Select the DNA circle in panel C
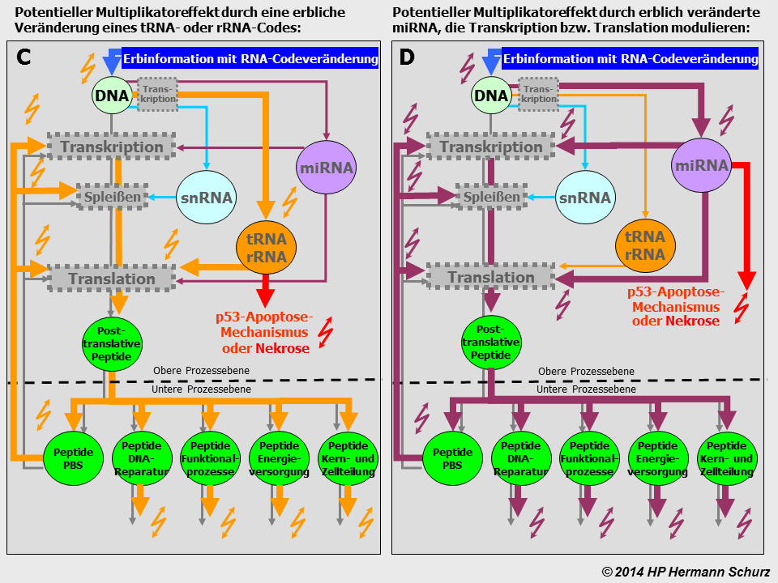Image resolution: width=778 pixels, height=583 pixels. [112, 96]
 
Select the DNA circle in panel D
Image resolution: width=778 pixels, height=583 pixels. [491, 96]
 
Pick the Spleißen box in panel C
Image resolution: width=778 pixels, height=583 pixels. [113, 197]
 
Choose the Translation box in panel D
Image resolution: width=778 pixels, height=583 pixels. [491, 278]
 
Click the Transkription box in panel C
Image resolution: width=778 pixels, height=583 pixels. [112, 147]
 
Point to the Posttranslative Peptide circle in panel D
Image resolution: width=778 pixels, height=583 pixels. [491, 343]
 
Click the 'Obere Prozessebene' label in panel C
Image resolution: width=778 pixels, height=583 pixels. [201, 372]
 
